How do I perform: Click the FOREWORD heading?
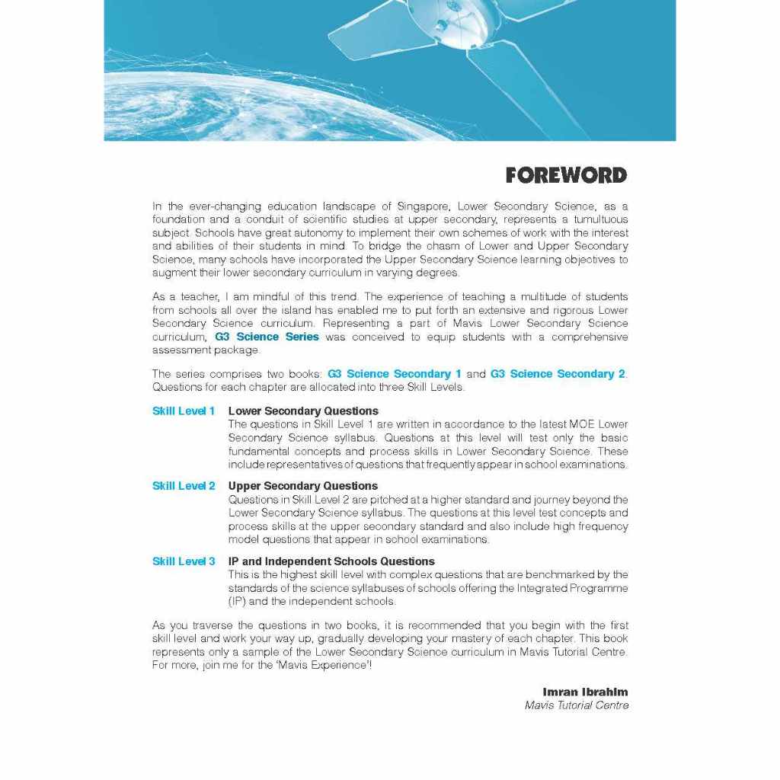click(566, 176)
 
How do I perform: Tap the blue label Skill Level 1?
click(184, 411)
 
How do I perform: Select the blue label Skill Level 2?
click(184, 486)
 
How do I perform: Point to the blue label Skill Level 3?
click(184, 561)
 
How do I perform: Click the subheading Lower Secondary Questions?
click(303, 411)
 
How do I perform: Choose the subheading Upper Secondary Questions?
click(303, 486)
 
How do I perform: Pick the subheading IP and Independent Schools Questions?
click(331, 561)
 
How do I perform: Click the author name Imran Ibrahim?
click(585, 692)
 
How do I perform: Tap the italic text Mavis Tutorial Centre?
click(577, 705)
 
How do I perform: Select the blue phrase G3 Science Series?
click(267, 337)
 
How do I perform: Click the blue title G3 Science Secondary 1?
click(395, 374)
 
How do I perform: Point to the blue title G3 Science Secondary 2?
click(558, 374)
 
